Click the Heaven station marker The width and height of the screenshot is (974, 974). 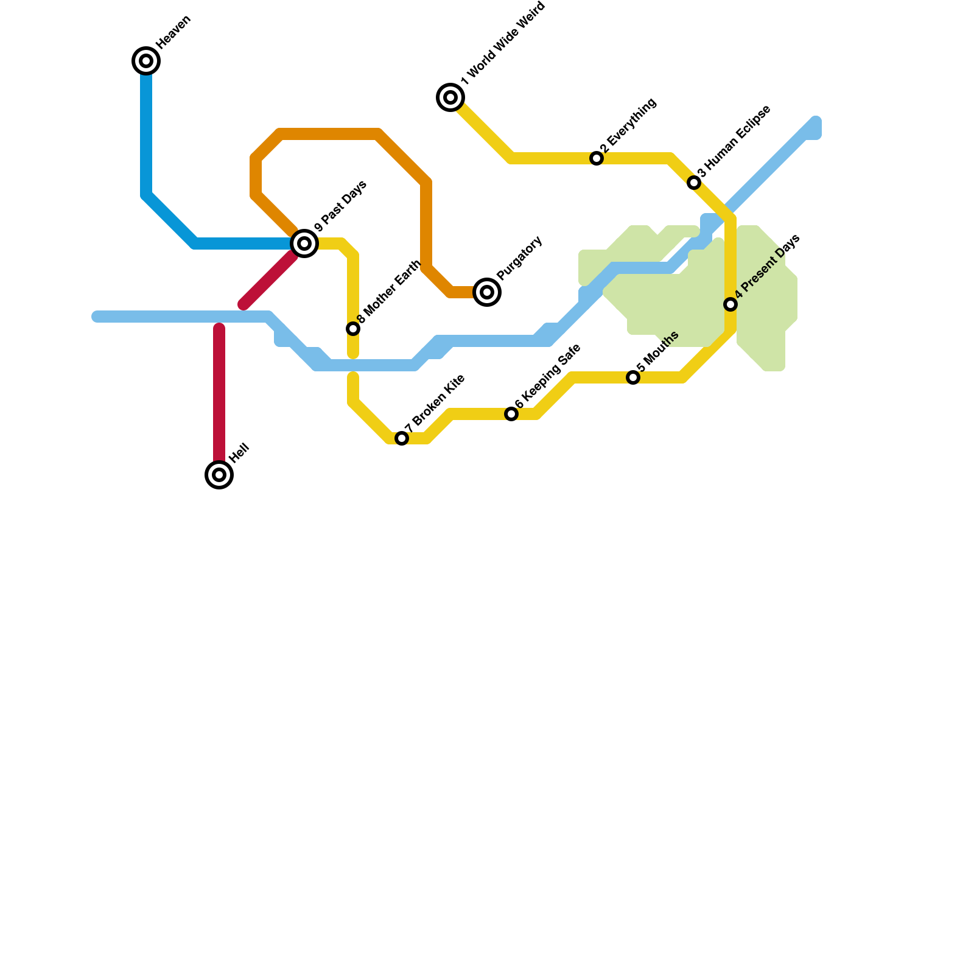point(146,61)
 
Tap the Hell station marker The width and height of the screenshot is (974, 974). point(219,475)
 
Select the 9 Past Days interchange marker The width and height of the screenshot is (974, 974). point(304,243)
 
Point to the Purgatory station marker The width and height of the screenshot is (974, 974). point(487,292)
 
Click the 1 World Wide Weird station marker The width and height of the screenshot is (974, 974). point(450,97)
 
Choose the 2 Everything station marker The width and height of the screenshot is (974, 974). point(597,158)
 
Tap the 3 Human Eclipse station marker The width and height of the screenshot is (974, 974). point(694,183)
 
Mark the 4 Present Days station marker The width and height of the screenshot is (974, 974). point(730,304)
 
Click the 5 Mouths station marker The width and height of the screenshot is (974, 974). point(633,377)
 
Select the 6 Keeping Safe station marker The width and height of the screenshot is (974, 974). point(511,414)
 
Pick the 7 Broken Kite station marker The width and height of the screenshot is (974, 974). point(402,438)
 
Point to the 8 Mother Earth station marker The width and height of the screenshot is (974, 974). point(353,329)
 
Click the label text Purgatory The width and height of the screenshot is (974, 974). point(519,258)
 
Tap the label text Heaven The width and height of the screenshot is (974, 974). point(174,32)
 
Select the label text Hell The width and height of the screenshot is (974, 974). point(240,454)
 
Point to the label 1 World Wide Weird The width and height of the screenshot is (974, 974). point(503,44)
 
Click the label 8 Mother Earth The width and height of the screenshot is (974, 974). point(389,292)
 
